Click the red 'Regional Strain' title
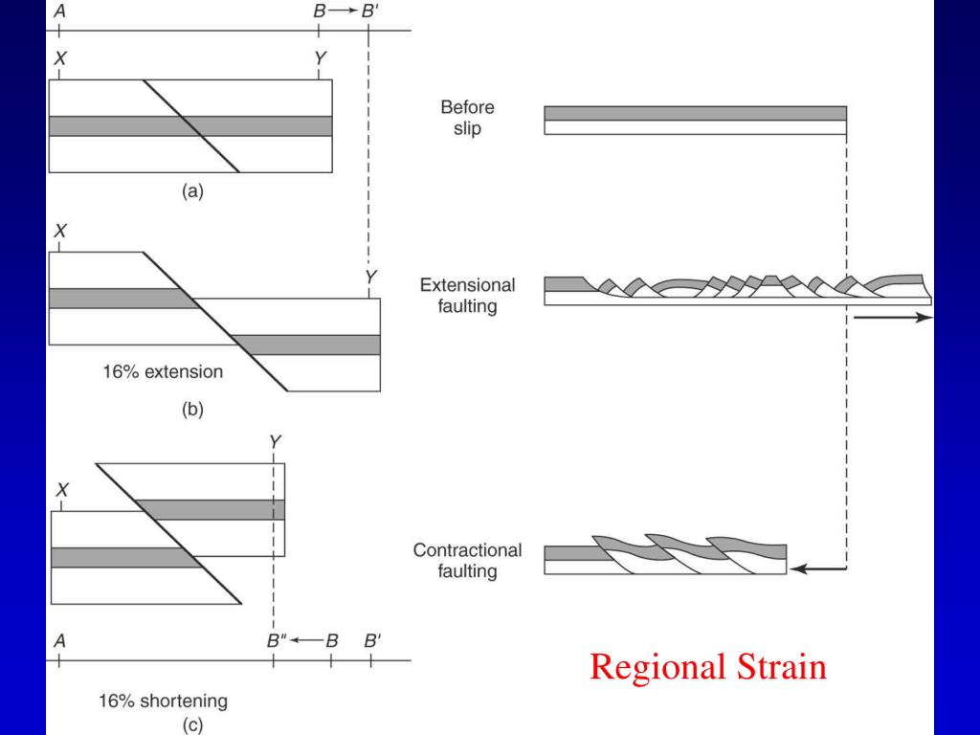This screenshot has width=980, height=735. (x=707, y=666)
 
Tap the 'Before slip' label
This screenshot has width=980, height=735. (x=468, y=118)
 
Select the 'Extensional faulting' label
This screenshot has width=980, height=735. (x=467, y=296)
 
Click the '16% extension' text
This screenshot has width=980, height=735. (x=163, y=370)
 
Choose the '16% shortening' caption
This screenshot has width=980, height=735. (x=163, y=701)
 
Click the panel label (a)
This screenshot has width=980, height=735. (x=192, y=191)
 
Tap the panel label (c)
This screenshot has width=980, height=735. (x=192, y=725)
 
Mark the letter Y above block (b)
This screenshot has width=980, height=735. (x=371, y=278)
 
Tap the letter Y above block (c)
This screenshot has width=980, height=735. (x=276, y=441)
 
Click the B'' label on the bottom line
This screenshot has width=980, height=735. (x=276, y=641)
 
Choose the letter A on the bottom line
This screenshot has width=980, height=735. (x=60, y=641)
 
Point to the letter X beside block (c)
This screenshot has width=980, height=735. (x=62, y=490)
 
